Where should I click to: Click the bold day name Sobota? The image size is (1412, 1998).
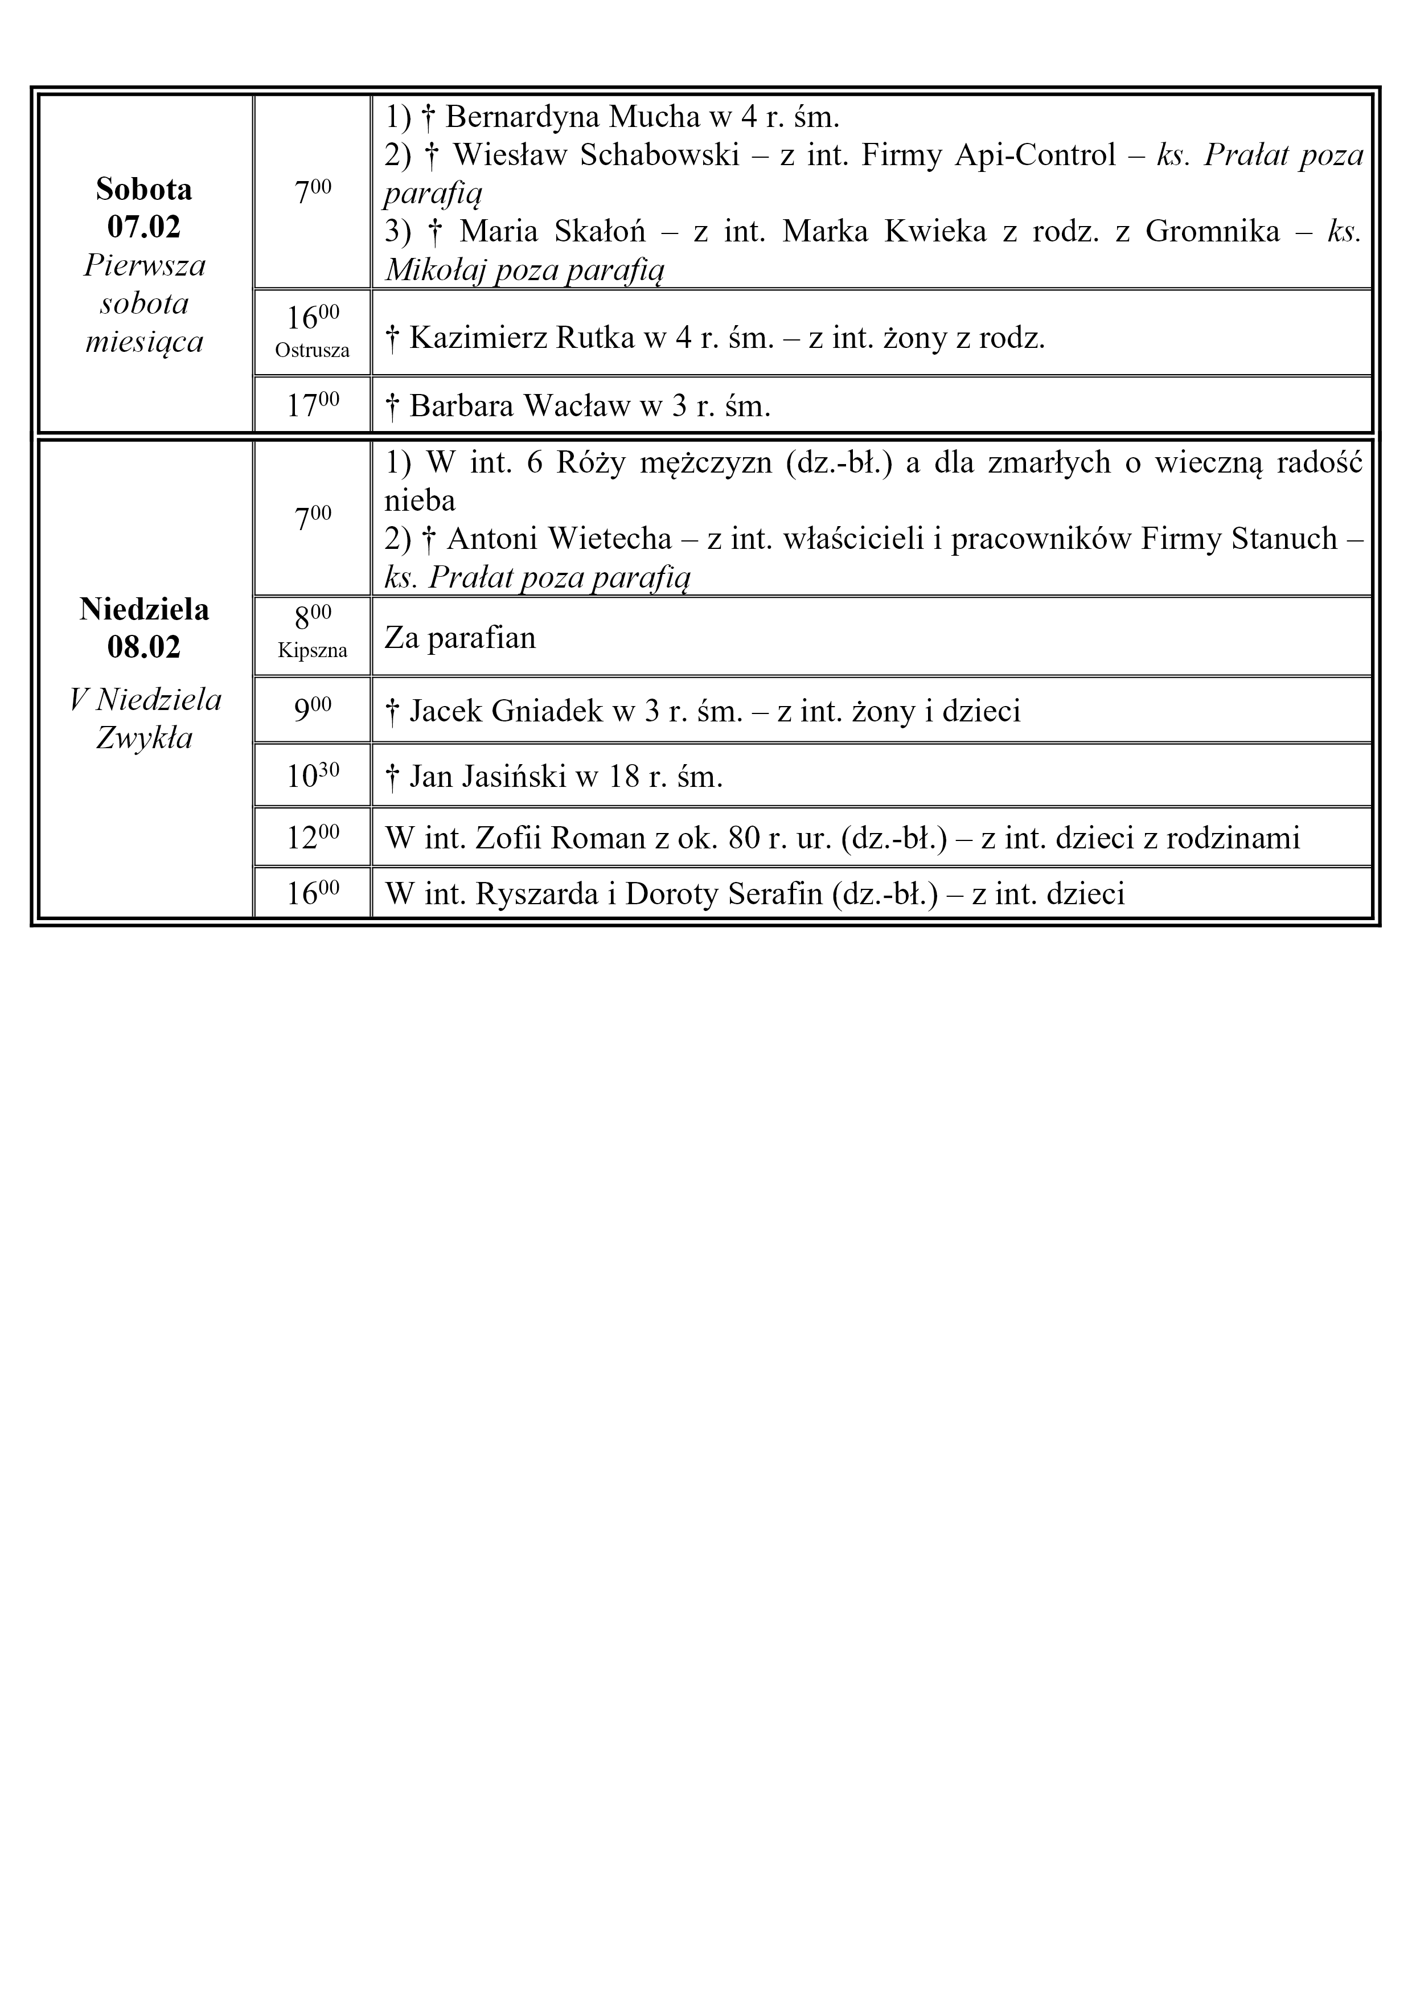[145, 189]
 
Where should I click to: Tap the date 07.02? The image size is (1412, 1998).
[145, 227]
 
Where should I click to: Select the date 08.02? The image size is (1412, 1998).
[145, 647]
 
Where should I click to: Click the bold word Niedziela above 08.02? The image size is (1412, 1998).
[145, 609]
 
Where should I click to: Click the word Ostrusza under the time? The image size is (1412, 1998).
[313, 351]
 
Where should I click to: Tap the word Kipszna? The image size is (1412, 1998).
[313, 651]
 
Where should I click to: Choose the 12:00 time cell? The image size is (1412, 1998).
[313, 837]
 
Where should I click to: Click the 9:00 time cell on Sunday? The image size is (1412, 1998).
[313, 710]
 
